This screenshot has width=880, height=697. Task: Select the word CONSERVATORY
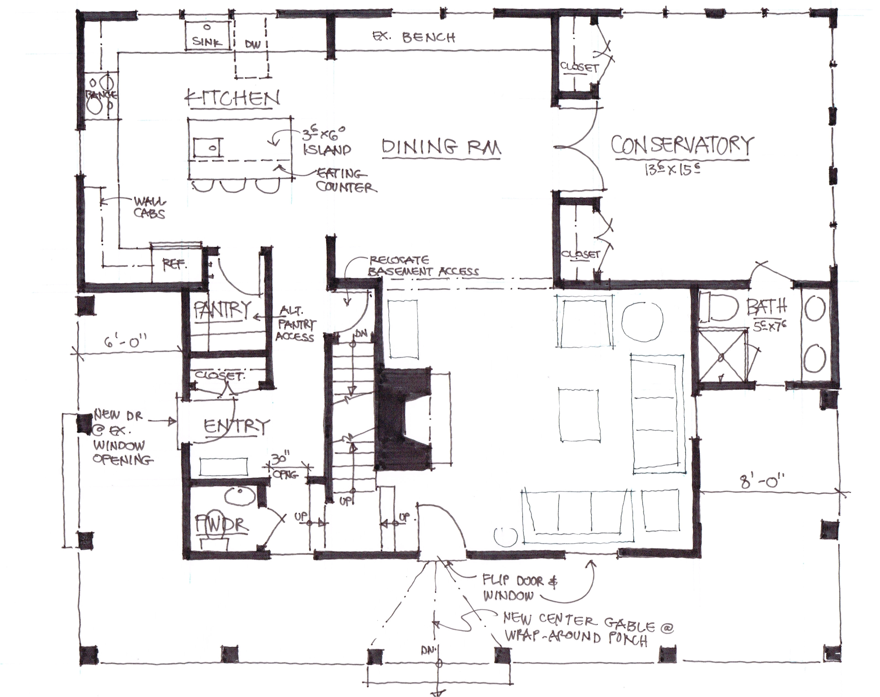(681, 146)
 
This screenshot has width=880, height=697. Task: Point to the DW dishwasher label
(253, 44)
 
